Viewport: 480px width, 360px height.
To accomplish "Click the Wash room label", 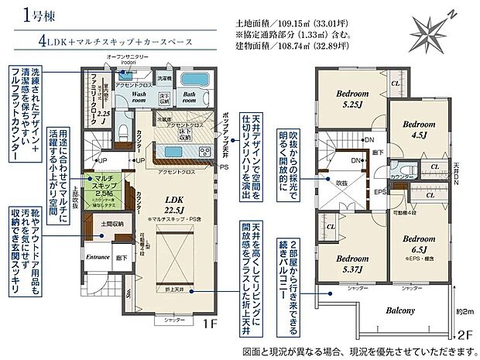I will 139,97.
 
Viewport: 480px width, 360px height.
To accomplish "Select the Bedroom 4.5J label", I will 419,129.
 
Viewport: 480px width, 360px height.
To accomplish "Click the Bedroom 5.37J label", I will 355,264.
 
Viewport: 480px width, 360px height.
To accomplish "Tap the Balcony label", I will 401,310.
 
